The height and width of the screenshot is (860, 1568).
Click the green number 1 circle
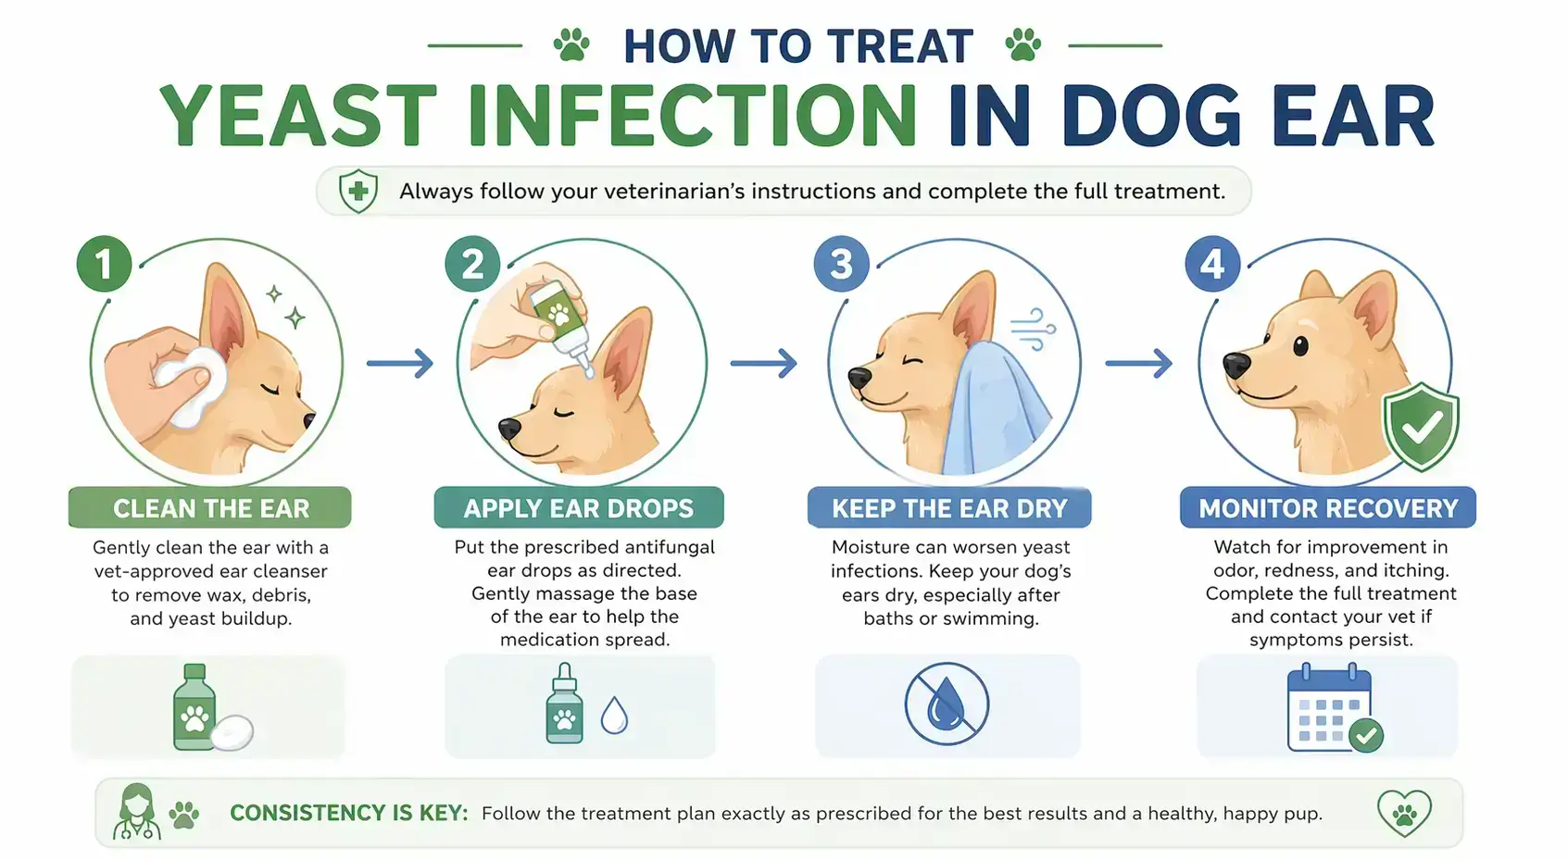pos(104,264)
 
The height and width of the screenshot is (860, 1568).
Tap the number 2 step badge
pos(472,264)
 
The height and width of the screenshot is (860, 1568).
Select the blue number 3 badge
pos(841,264)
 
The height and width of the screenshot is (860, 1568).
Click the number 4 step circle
pos(1212,264)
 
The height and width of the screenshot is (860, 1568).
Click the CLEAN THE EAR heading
pos(210,508)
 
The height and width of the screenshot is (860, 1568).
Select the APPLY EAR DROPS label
pos(579,508)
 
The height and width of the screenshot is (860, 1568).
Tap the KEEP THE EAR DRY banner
pos(949,508)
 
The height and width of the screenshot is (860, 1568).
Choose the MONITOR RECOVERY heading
pos(1328,508)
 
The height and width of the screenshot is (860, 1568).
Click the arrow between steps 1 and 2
pos(400,363)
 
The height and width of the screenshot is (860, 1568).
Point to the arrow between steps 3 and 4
pos(1139,363)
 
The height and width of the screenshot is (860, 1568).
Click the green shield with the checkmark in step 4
pos(1421,426)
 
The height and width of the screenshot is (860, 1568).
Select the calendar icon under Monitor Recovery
pos(1331,709)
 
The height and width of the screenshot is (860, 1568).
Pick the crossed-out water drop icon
pos(947,704)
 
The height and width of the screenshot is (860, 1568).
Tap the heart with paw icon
pos(1404,813)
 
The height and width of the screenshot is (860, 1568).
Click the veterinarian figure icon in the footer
pos(137,812)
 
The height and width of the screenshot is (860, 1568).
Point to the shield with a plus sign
pos(358,192)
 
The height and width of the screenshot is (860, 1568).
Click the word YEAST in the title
pos(298,117)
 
